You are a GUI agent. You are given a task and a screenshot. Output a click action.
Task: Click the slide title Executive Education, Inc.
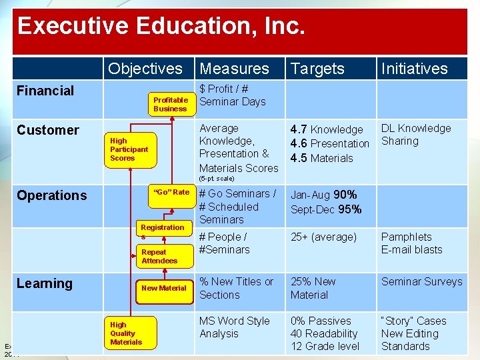(161, 27)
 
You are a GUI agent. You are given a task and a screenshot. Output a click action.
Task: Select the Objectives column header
(145, 69)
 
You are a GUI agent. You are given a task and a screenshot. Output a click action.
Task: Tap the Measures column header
(234, 69)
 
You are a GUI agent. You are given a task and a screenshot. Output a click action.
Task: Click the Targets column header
(318, 69)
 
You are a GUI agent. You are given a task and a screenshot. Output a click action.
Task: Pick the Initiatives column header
(414, 69)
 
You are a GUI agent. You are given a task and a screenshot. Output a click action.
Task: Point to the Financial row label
(45, 91)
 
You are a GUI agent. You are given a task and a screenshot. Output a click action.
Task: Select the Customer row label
(48, 130)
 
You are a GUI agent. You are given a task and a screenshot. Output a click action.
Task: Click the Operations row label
(52, 195)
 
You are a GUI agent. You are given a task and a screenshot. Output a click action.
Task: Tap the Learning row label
(45, 283)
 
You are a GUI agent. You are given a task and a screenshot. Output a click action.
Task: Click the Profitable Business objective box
(170, 104)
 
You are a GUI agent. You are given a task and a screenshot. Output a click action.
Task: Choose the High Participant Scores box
(129, 149)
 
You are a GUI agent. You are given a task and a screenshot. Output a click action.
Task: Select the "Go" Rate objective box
(171, 192)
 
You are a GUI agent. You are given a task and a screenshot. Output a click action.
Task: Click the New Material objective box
(164, 288)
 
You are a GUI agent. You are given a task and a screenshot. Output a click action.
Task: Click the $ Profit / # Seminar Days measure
(233, 95)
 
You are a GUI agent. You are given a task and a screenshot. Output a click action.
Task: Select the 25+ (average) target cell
(323, 237)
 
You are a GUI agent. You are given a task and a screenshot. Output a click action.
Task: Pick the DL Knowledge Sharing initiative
(416, 135)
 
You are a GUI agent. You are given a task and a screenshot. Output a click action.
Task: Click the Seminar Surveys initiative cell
(421, 282)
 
